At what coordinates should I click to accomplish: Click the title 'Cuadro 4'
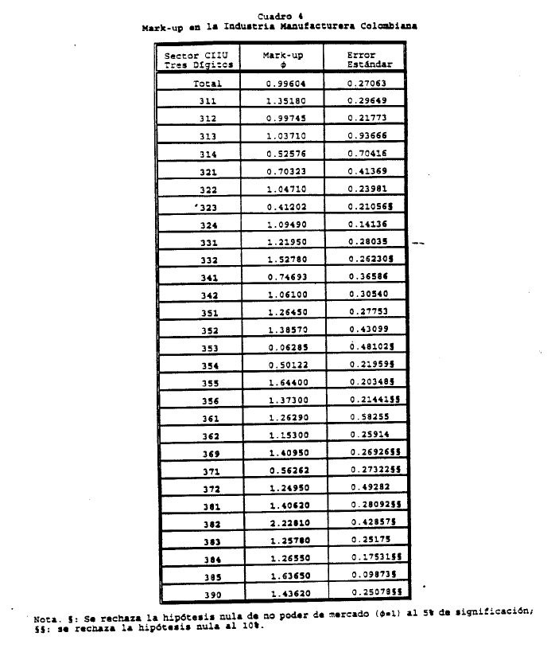pyautogui.click(x=280, y=16)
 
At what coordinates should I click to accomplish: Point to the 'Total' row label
pyautogui.click(x=207, y=84)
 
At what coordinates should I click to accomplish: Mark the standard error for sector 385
pyautogui.click(x=371, y=576)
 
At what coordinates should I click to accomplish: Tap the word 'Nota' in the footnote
pyautogui.click(x=45, y=618)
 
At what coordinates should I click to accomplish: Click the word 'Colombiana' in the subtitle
pyautogui.click(x=389, y=26)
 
